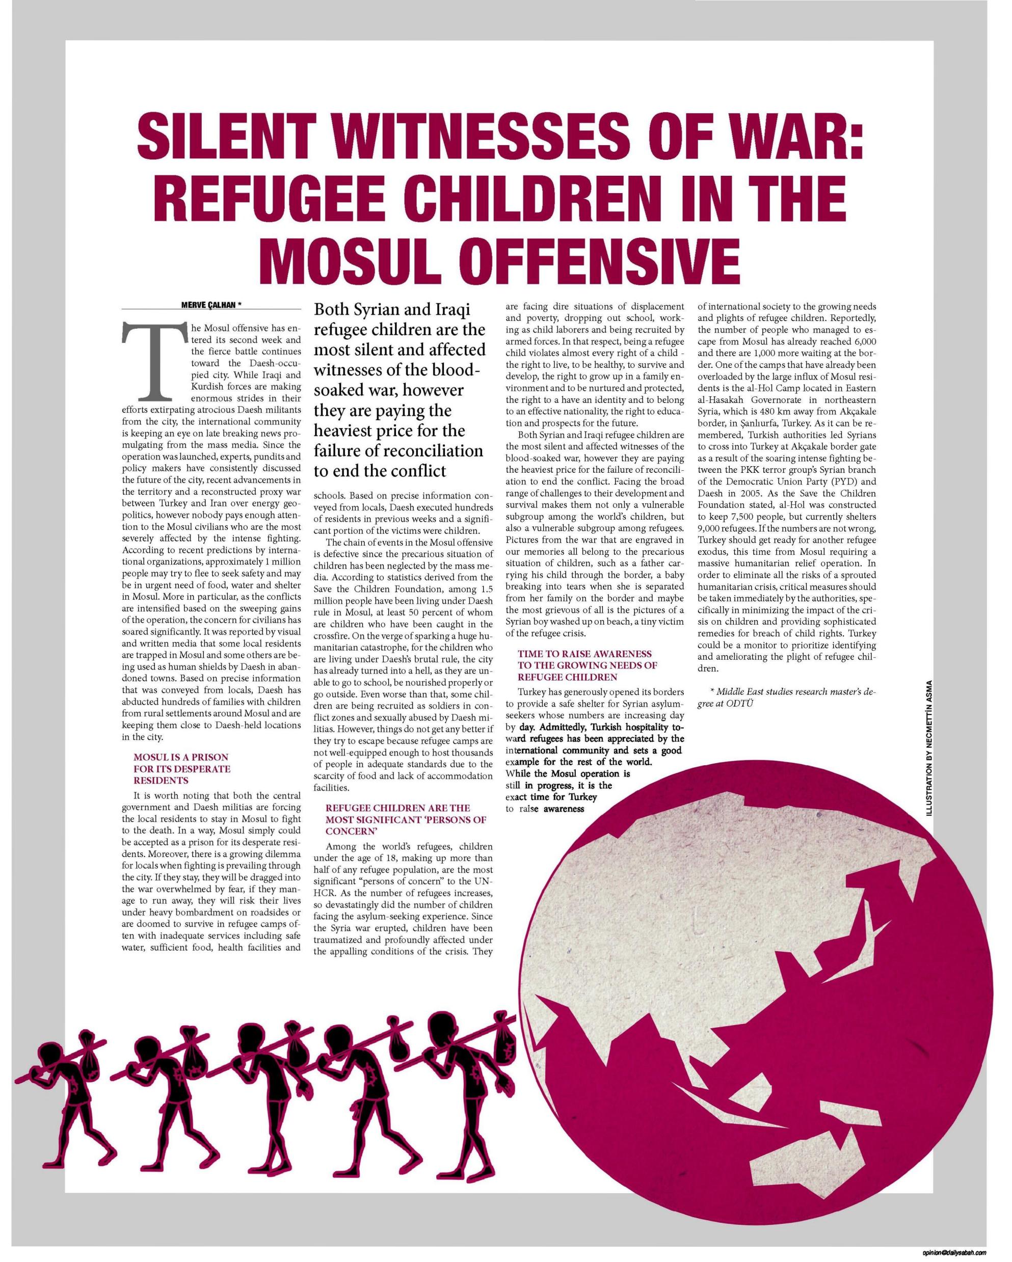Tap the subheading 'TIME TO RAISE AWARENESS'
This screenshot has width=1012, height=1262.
tap(584, 654)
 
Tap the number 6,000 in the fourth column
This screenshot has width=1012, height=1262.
tap(860, 341)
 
